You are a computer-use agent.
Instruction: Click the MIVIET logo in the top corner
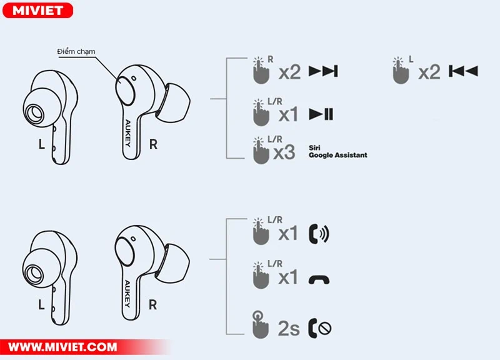[37, 10]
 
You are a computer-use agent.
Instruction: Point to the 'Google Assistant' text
[337, 155]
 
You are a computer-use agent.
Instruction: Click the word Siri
[314, 147]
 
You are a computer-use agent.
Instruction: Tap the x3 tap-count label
[284, 152]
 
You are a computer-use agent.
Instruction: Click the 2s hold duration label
[289, 327]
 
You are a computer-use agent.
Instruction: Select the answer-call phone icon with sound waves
[319, 234]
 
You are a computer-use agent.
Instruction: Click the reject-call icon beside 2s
[320, 327]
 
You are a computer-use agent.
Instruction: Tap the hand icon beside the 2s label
[257, 325]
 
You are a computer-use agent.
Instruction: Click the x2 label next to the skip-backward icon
[429, 72]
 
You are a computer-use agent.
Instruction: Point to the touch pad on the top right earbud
[127, 88]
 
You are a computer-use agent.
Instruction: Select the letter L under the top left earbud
[42, 144]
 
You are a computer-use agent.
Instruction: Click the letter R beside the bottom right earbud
[153, 305]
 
